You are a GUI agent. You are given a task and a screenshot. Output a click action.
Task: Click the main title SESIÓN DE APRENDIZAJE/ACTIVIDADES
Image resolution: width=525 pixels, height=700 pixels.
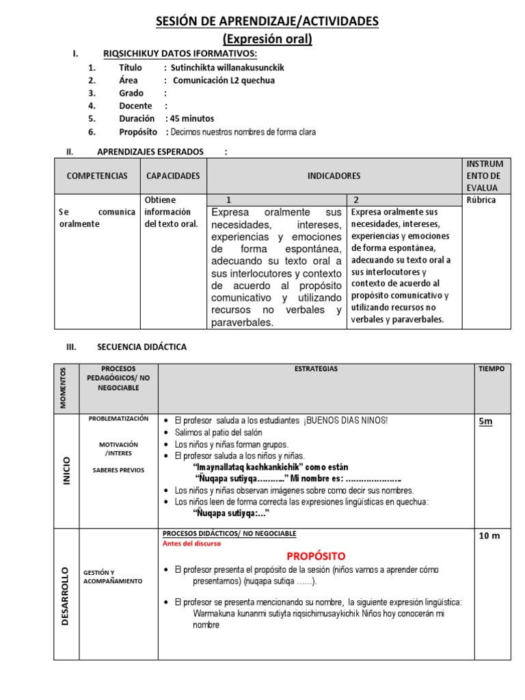coord(267,23)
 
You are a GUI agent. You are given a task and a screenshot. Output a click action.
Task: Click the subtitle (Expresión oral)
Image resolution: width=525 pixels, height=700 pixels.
coord(267,39)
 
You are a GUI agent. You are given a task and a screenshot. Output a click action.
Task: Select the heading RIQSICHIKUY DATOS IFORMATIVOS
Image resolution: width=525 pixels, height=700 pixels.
coord(180,54)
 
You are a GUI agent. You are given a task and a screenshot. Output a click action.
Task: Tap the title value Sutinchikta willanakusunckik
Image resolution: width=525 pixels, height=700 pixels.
coord(227,68)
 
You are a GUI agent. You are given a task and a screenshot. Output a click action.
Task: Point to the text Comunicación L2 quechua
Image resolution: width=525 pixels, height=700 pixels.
coord(224,80)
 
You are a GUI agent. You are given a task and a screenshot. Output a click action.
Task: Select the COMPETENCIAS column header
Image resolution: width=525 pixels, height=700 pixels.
coord(97,176)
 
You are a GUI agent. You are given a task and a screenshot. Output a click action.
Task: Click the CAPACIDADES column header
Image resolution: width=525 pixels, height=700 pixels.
coord(174,176)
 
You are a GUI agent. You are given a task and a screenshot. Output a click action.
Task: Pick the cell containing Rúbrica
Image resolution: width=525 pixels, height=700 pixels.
coord(481,200)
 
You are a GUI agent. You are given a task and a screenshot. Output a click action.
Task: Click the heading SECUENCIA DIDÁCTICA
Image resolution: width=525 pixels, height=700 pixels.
coord(142,347)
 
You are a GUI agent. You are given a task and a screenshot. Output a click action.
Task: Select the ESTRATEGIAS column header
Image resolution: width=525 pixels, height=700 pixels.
coord(316,369)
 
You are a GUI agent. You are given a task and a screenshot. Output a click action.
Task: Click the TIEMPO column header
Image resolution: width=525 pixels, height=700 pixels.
coord(492,369)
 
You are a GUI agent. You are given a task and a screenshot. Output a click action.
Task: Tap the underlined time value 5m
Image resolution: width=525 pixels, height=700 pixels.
coord(485,422)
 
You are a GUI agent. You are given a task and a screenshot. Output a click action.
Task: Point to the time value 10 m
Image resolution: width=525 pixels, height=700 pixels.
coord(489,536)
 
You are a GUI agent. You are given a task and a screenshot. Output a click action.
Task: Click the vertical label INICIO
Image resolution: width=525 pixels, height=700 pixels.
coord(66,470)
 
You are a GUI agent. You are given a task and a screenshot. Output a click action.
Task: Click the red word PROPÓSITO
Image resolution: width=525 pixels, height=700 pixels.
coord(315,556)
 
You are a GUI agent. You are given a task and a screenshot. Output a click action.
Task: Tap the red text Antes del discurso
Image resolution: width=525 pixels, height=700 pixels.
coord(191,544)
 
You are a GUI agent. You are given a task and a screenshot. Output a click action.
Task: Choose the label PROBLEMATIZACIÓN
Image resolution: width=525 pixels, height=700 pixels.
coord(118,419)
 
